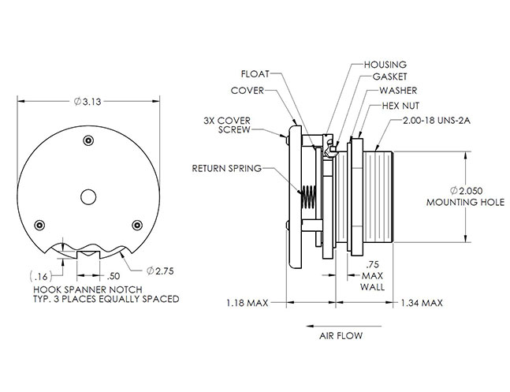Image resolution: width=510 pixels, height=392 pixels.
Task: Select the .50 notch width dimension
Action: (x=112, y=275)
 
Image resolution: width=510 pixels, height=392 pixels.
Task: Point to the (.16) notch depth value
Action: (x=39, y=275)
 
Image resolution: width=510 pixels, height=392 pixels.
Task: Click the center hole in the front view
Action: (x=88, y=195)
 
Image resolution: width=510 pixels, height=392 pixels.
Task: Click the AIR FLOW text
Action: (x=341, y=335)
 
